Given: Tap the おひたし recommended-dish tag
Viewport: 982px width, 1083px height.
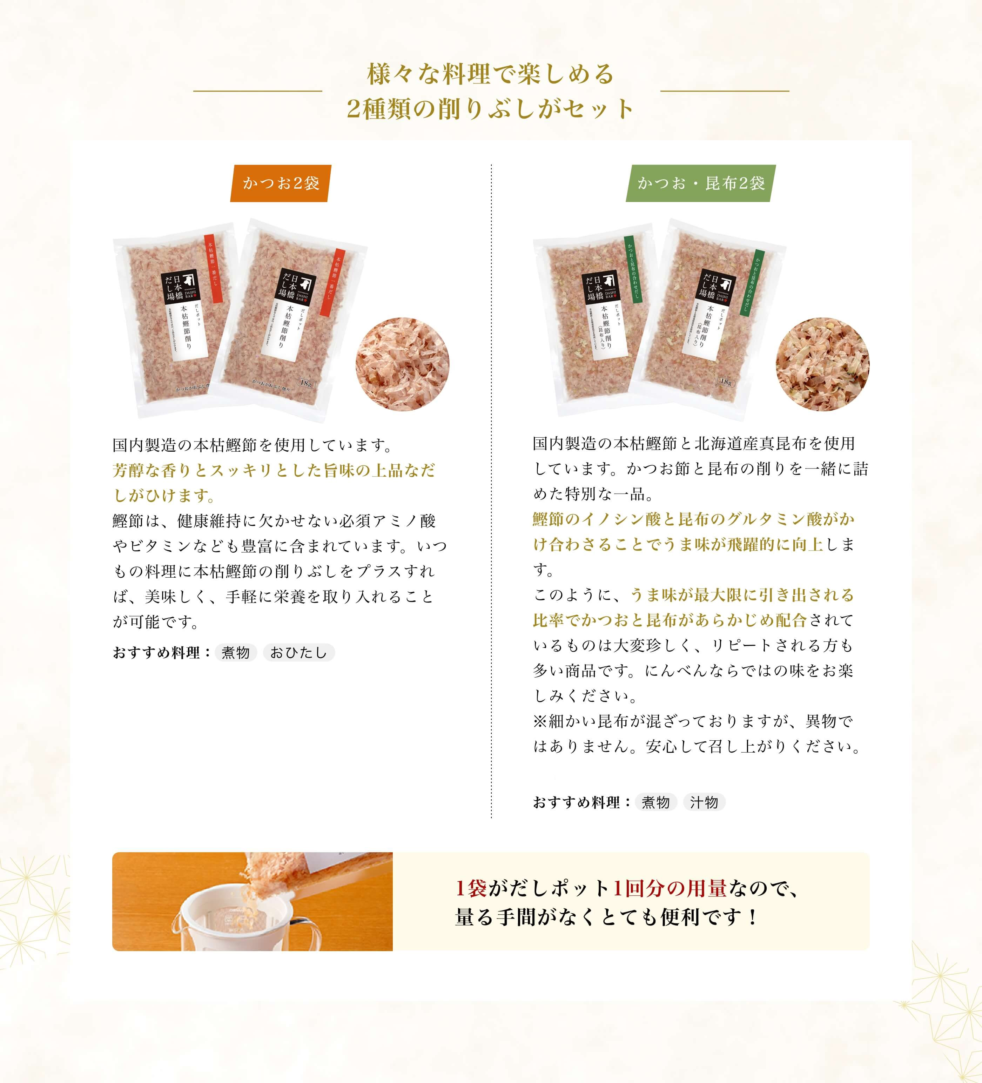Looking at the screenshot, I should pyautogui.click(x=299, y=653).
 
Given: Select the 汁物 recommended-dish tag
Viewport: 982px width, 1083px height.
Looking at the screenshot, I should pyautogui.click(x=704, y=802).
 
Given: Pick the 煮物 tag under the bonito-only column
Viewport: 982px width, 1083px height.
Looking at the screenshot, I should pyautogui.click(x=236, y=653).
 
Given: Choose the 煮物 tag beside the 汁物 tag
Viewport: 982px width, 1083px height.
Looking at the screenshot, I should pyautogui.click(x=655, y=802).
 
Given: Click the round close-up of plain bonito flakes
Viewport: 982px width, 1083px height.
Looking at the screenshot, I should pyautogui.click(x=402, y=364).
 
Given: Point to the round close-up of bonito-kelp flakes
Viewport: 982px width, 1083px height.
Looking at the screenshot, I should pyautogui.click(x=822, y=364).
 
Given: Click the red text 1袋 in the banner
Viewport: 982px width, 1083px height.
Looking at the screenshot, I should pyautogui.click(x=471, y=889).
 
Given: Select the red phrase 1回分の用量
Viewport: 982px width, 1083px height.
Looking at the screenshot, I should pyautogui.click(x=670, y=889).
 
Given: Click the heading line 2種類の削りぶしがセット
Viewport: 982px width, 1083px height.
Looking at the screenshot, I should pyautogui.click(x=490, y=109).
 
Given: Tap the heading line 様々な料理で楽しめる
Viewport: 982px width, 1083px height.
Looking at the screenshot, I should pyautogui.click(x=490, y=74).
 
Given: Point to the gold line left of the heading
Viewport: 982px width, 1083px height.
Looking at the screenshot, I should pyautogui.click(x=258, y=91).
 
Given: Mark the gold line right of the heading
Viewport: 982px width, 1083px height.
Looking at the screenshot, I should pyautogui.click(x=725, y=91).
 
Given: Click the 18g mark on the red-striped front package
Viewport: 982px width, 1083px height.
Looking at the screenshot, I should pyautogui.click(x=305, y=383).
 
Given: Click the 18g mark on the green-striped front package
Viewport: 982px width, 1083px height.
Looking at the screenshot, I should pyautogui.click(x=726, y=382).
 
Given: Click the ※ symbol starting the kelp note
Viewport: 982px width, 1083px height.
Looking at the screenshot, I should pyautogui.click(x=540, y=721).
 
